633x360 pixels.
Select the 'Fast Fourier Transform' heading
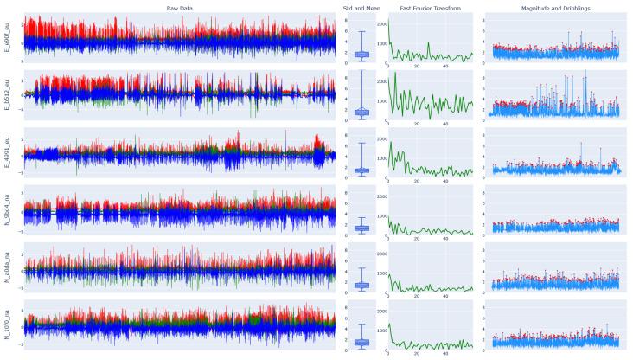pos(431,8)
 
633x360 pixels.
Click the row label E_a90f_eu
pos(8,40)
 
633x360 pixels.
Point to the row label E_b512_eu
pos(8,97)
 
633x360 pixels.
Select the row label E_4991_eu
pos(8,153)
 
